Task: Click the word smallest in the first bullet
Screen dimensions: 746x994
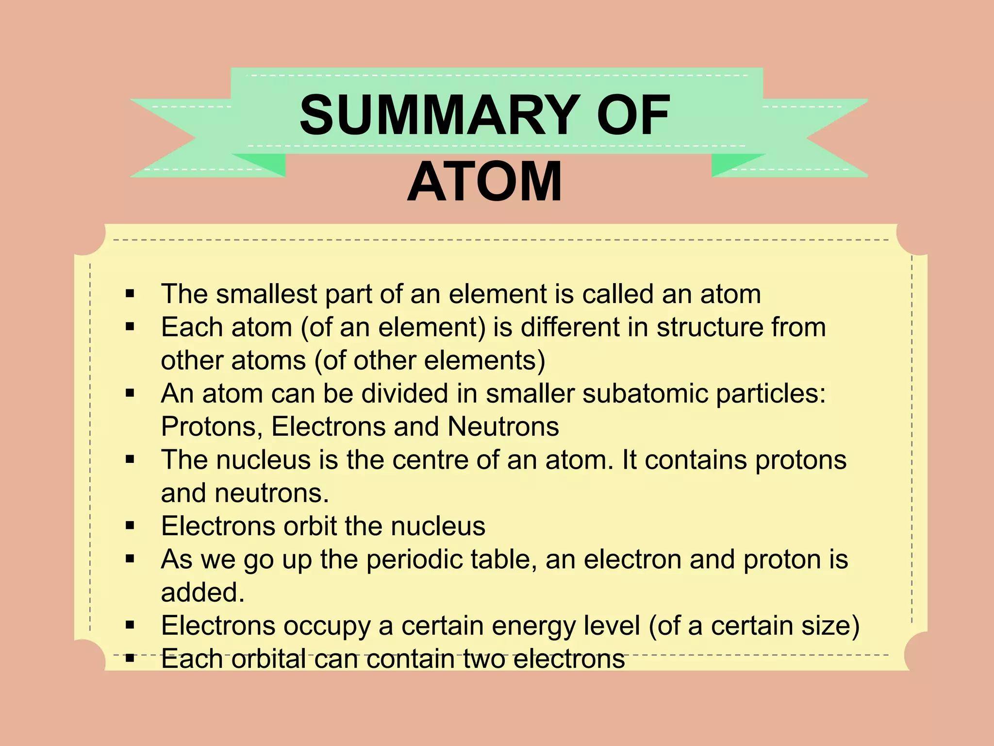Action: [x=266, y=294]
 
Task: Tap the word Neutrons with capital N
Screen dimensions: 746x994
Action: [x=503, y=427]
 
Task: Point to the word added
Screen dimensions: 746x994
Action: [x=202, y=593]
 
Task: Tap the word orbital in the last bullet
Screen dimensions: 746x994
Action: [x=268, y=659]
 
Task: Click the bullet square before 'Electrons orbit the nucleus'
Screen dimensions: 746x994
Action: [x=130, y=526]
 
